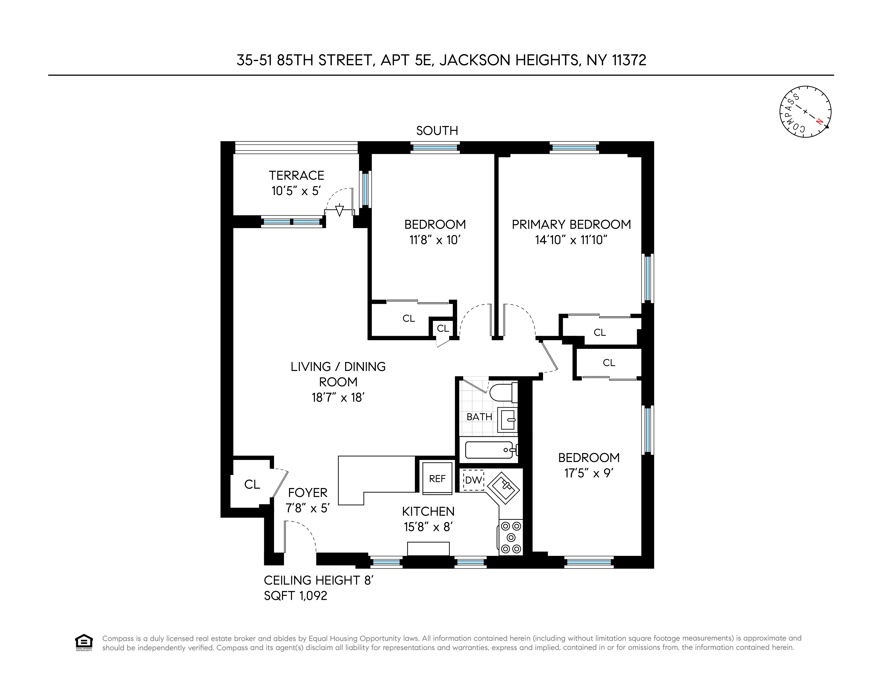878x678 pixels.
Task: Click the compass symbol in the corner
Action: pos(805,112)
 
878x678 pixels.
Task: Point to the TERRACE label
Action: pos(296,175)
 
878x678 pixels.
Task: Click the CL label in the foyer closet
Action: pos(252,484)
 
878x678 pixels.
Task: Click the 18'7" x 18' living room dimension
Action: pos(338,397)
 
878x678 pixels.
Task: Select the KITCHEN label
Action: pos(428,511)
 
